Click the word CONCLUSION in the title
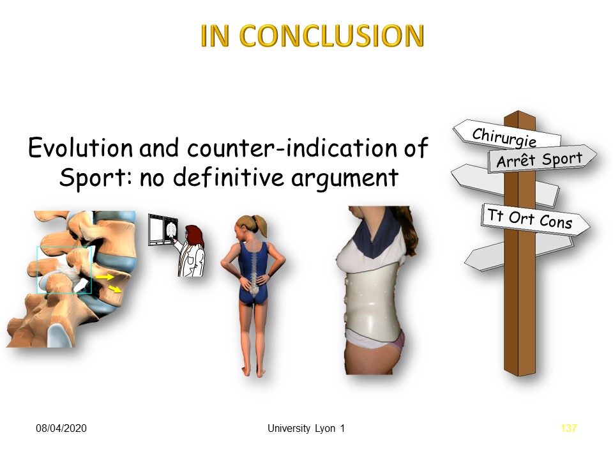pyautogui.click(x=331, y=36)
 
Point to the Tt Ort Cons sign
pyautogui.click(x=535, y=219)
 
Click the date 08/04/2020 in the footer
pyautogui.click(x=61, y=428)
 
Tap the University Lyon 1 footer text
pyautogui.click(x=306, y=428)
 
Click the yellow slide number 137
pyautogui.click(x=568, y=428)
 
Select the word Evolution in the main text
pyautogui.click(x=80, y=148)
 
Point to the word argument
pyautogui.click(x=345, y=178)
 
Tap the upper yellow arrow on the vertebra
pyautogui.click(x=104, y=277)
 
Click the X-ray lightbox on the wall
pyautogui.click(x=163, y=230)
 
